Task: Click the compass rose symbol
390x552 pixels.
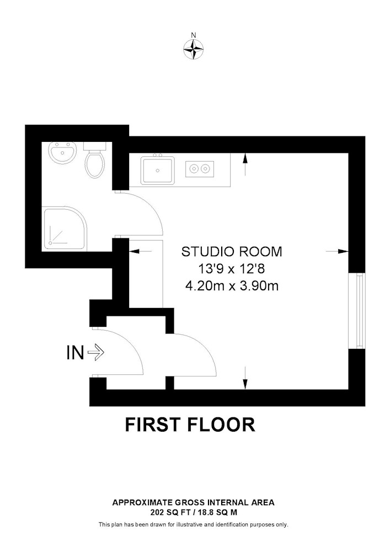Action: (x=194, y=49)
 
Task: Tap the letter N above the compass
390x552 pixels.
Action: (x=193, y=34)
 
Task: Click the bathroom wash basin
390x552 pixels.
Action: (x=62, y=152)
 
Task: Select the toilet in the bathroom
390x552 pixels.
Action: (x=95, y=160)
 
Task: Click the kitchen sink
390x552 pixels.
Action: (x=158, y=170)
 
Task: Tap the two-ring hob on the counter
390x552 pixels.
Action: (x=199, y=169)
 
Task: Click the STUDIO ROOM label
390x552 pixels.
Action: (x=232, y=252)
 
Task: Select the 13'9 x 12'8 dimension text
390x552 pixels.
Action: (x=231, y=269)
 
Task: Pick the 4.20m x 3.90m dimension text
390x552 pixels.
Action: (x=232, y=286)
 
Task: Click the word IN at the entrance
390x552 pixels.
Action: (x=75, y=352)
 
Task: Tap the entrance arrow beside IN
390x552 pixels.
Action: (x=95, y=352)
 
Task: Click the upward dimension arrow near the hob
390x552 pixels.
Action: (x=245, y=164)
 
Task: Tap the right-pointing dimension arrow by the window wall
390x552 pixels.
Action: (x=337, y=251)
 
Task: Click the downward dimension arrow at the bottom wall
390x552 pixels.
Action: (x=245, y=378)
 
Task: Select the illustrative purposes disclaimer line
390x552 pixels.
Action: (x=194, y=524)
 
